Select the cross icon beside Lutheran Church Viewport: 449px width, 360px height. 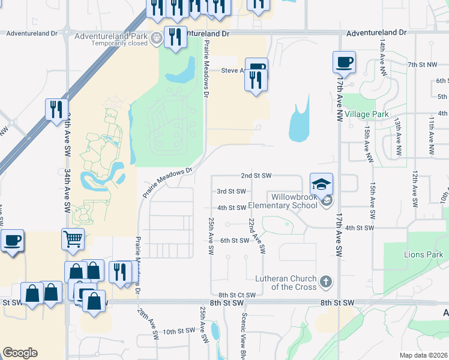[326, 281]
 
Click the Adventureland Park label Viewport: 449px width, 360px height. [112, 36]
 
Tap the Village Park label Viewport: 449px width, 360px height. [367, 114]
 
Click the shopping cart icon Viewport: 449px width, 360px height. [73, 239]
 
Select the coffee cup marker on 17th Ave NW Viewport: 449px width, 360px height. [344, 62]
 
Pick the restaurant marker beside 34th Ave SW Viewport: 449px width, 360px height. [56, 109]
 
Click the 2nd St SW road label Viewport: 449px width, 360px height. [256, 176]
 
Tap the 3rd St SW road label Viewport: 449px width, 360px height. [231, 191]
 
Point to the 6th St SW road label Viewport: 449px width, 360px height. [234, 240]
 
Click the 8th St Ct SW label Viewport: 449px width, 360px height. [237, 295]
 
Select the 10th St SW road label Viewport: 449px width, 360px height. [179, 331]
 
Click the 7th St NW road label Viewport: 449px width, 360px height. [420, 64]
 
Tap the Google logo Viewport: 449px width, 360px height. [20, 353]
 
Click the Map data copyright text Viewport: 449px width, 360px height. [424, 355]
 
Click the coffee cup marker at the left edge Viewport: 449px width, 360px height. [12, 241]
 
